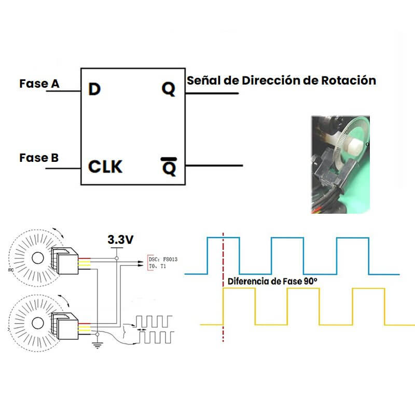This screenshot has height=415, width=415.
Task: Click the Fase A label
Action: pyautogui.click(x=39, y=83)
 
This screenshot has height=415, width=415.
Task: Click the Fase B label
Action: pyautogui.click(x=39, y=157)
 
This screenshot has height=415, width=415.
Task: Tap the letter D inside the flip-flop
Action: pyautogui.click(x=94, y=90)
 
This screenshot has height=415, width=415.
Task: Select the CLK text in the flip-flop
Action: pyautogui.click(x=105, y=167)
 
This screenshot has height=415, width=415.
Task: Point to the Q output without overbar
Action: pyautogui.click(x=169, y=90)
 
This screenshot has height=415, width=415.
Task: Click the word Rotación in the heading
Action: pyautogui.click(x=349, y=80)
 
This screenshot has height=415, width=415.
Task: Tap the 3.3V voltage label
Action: pyautogui.click(x=120, y=240)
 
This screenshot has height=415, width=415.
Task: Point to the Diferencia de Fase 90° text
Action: pyautogui.click(x=272, y=281)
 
